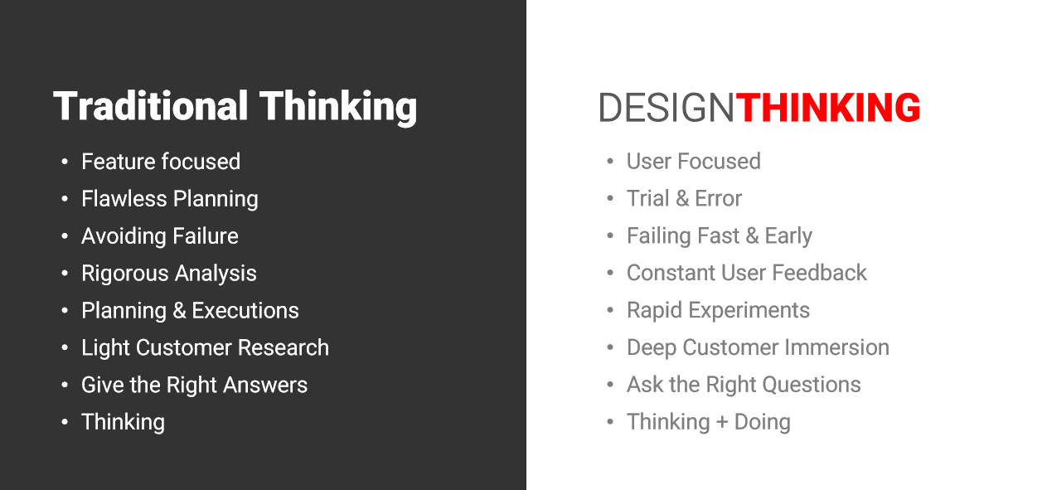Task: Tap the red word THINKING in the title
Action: click(x=828, y=108)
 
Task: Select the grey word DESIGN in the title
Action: click(x=666, y=108)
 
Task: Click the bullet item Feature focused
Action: click(x=161, y=162)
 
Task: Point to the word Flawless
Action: click(x=124, y=199)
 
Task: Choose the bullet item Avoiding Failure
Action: click(x=160, y=236)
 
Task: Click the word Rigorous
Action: click(x=125, y=274)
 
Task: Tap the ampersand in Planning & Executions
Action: click(x=179, y=311)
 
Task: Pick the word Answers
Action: click(x=265, y=386)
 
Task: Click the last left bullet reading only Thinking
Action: click(x=123, y=422)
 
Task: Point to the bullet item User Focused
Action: click(x=694, y=162)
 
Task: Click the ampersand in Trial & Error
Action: click(x=682, y=199)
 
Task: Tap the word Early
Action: click(x=788, y=236)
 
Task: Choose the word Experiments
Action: click(x=749, y=310)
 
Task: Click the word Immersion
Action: click(x=836, y=348)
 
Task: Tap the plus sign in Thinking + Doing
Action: click(x=722, y=423)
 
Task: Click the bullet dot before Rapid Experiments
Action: click(x=610, y=310)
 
